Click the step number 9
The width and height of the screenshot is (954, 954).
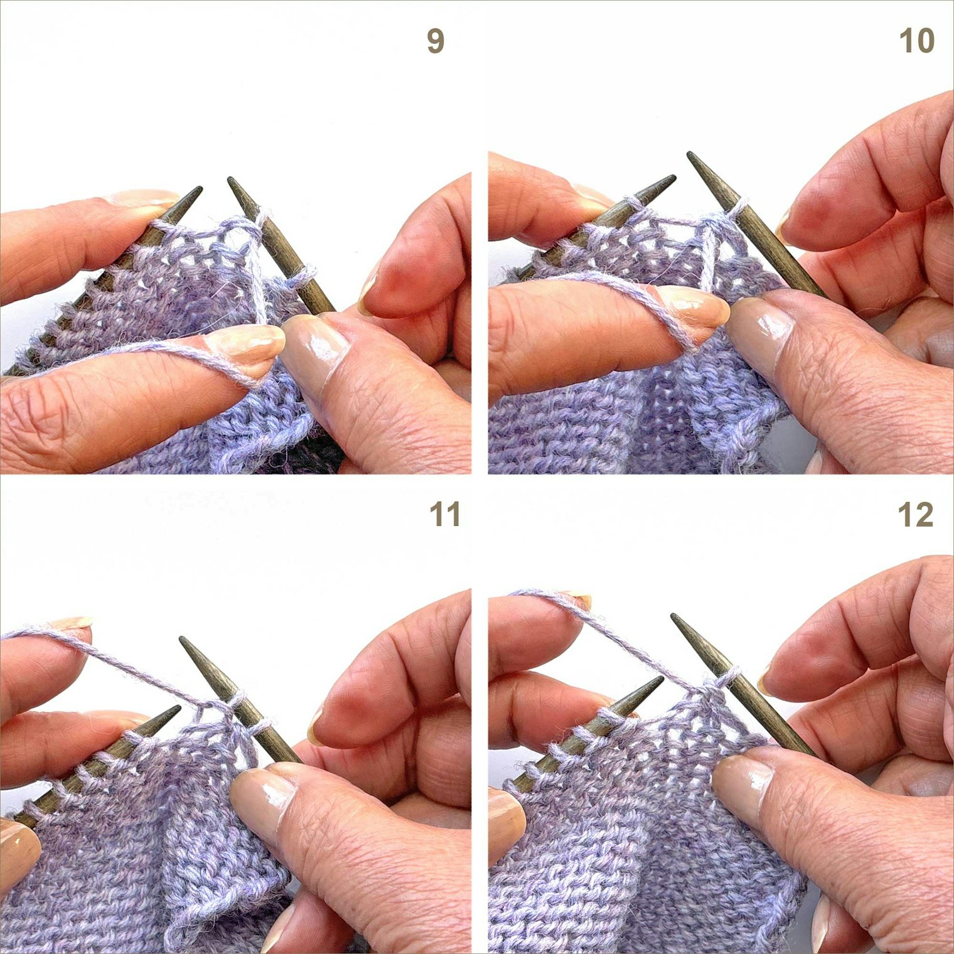click(436, 41)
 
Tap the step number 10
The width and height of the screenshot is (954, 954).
click(917, 41)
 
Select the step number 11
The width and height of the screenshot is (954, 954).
click(445, 515)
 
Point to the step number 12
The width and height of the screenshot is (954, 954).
click(916, 515)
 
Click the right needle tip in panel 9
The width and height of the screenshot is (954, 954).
click(230, 180)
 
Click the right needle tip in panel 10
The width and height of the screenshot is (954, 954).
click(690, 154)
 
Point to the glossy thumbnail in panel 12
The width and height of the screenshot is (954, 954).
click(744, 782)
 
